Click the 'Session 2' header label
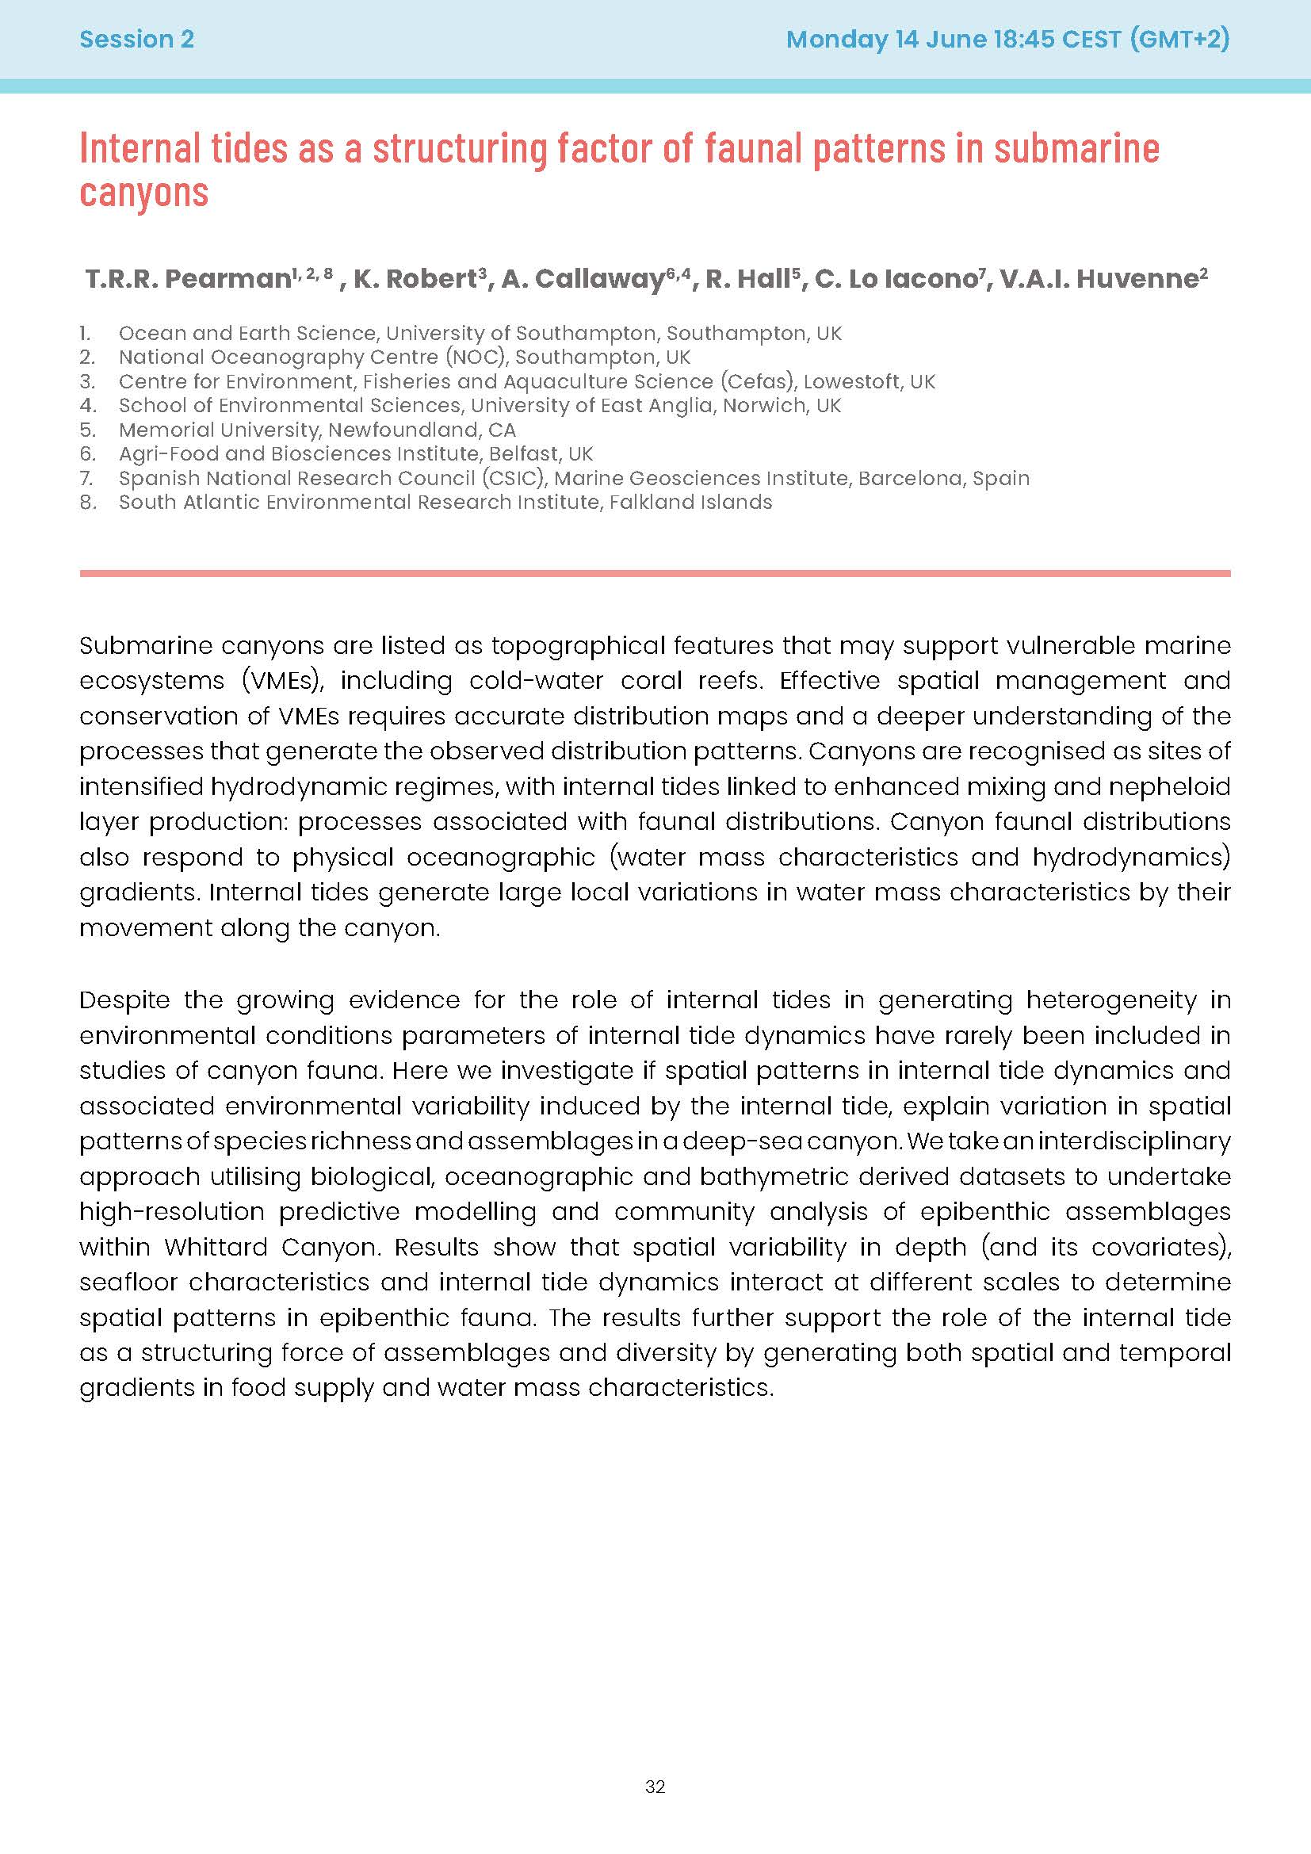136,40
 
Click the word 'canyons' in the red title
143,192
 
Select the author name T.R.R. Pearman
187,279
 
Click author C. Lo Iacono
896,279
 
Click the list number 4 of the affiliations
87,405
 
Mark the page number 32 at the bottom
655,1810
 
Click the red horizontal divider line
655,573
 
